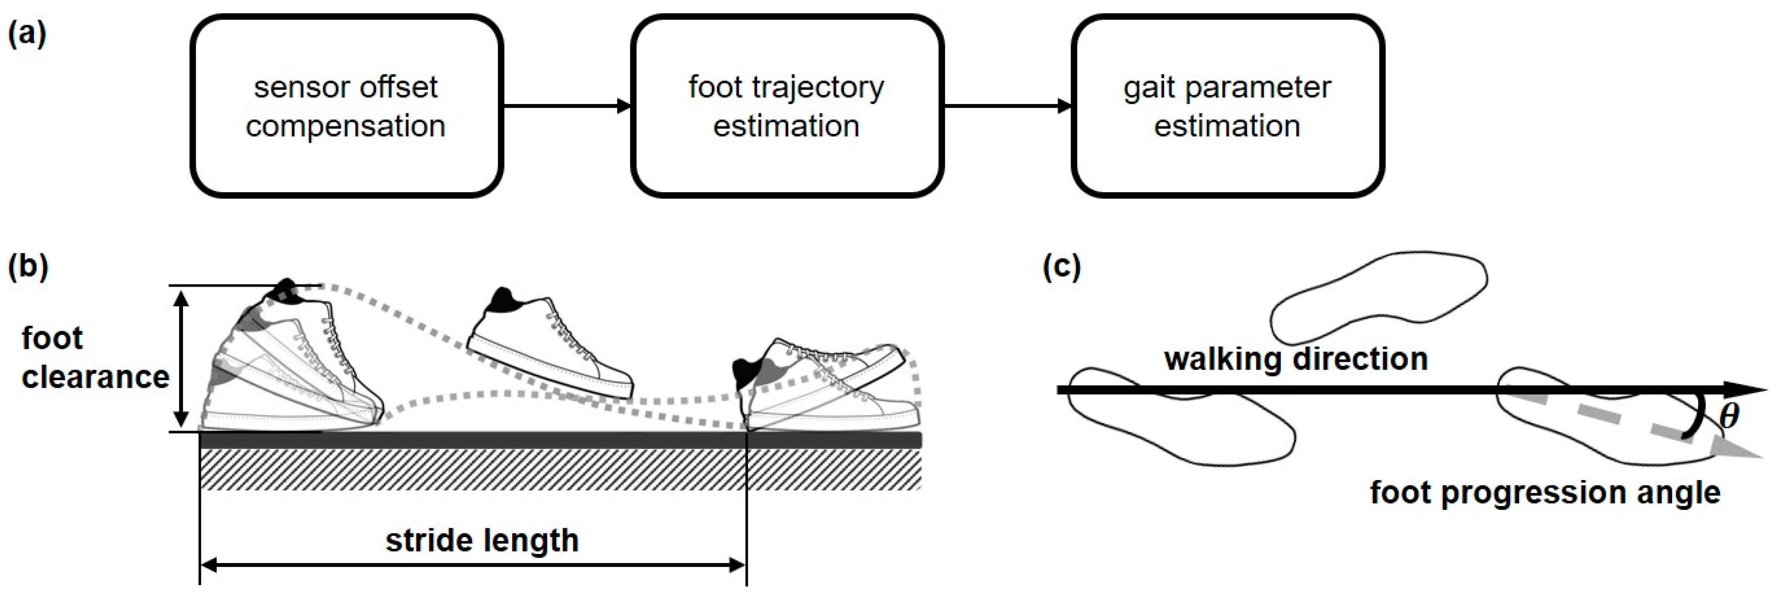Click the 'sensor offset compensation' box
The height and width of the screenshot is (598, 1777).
[x=346, y=106]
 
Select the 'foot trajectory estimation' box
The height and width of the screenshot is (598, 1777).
[x=787, y=106]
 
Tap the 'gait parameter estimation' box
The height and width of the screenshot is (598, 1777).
[x=1227, y=106]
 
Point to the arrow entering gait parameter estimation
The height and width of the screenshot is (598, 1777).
[x=1007, y=106]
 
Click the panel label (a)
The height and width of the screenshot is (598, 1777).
[x=26, y=33]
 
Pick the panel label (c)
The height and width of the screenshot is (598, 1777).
[x=1061, y=266]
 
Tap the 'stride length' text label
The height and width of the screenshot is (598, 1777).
[x=482, y=540]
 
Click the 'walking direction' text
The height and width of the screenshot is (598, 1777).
[x=1295, y=359]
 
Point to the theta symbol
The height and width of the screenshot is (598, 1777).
[x=1728, y=416]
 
